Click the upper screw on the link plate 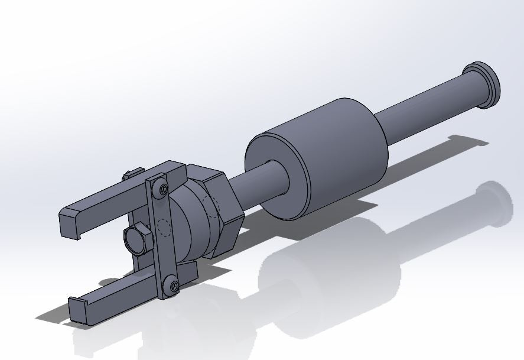[x=162, y=189]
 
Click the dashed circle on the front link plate [x=165, y=228]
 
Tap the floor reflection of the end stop [x=493, y=204]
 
